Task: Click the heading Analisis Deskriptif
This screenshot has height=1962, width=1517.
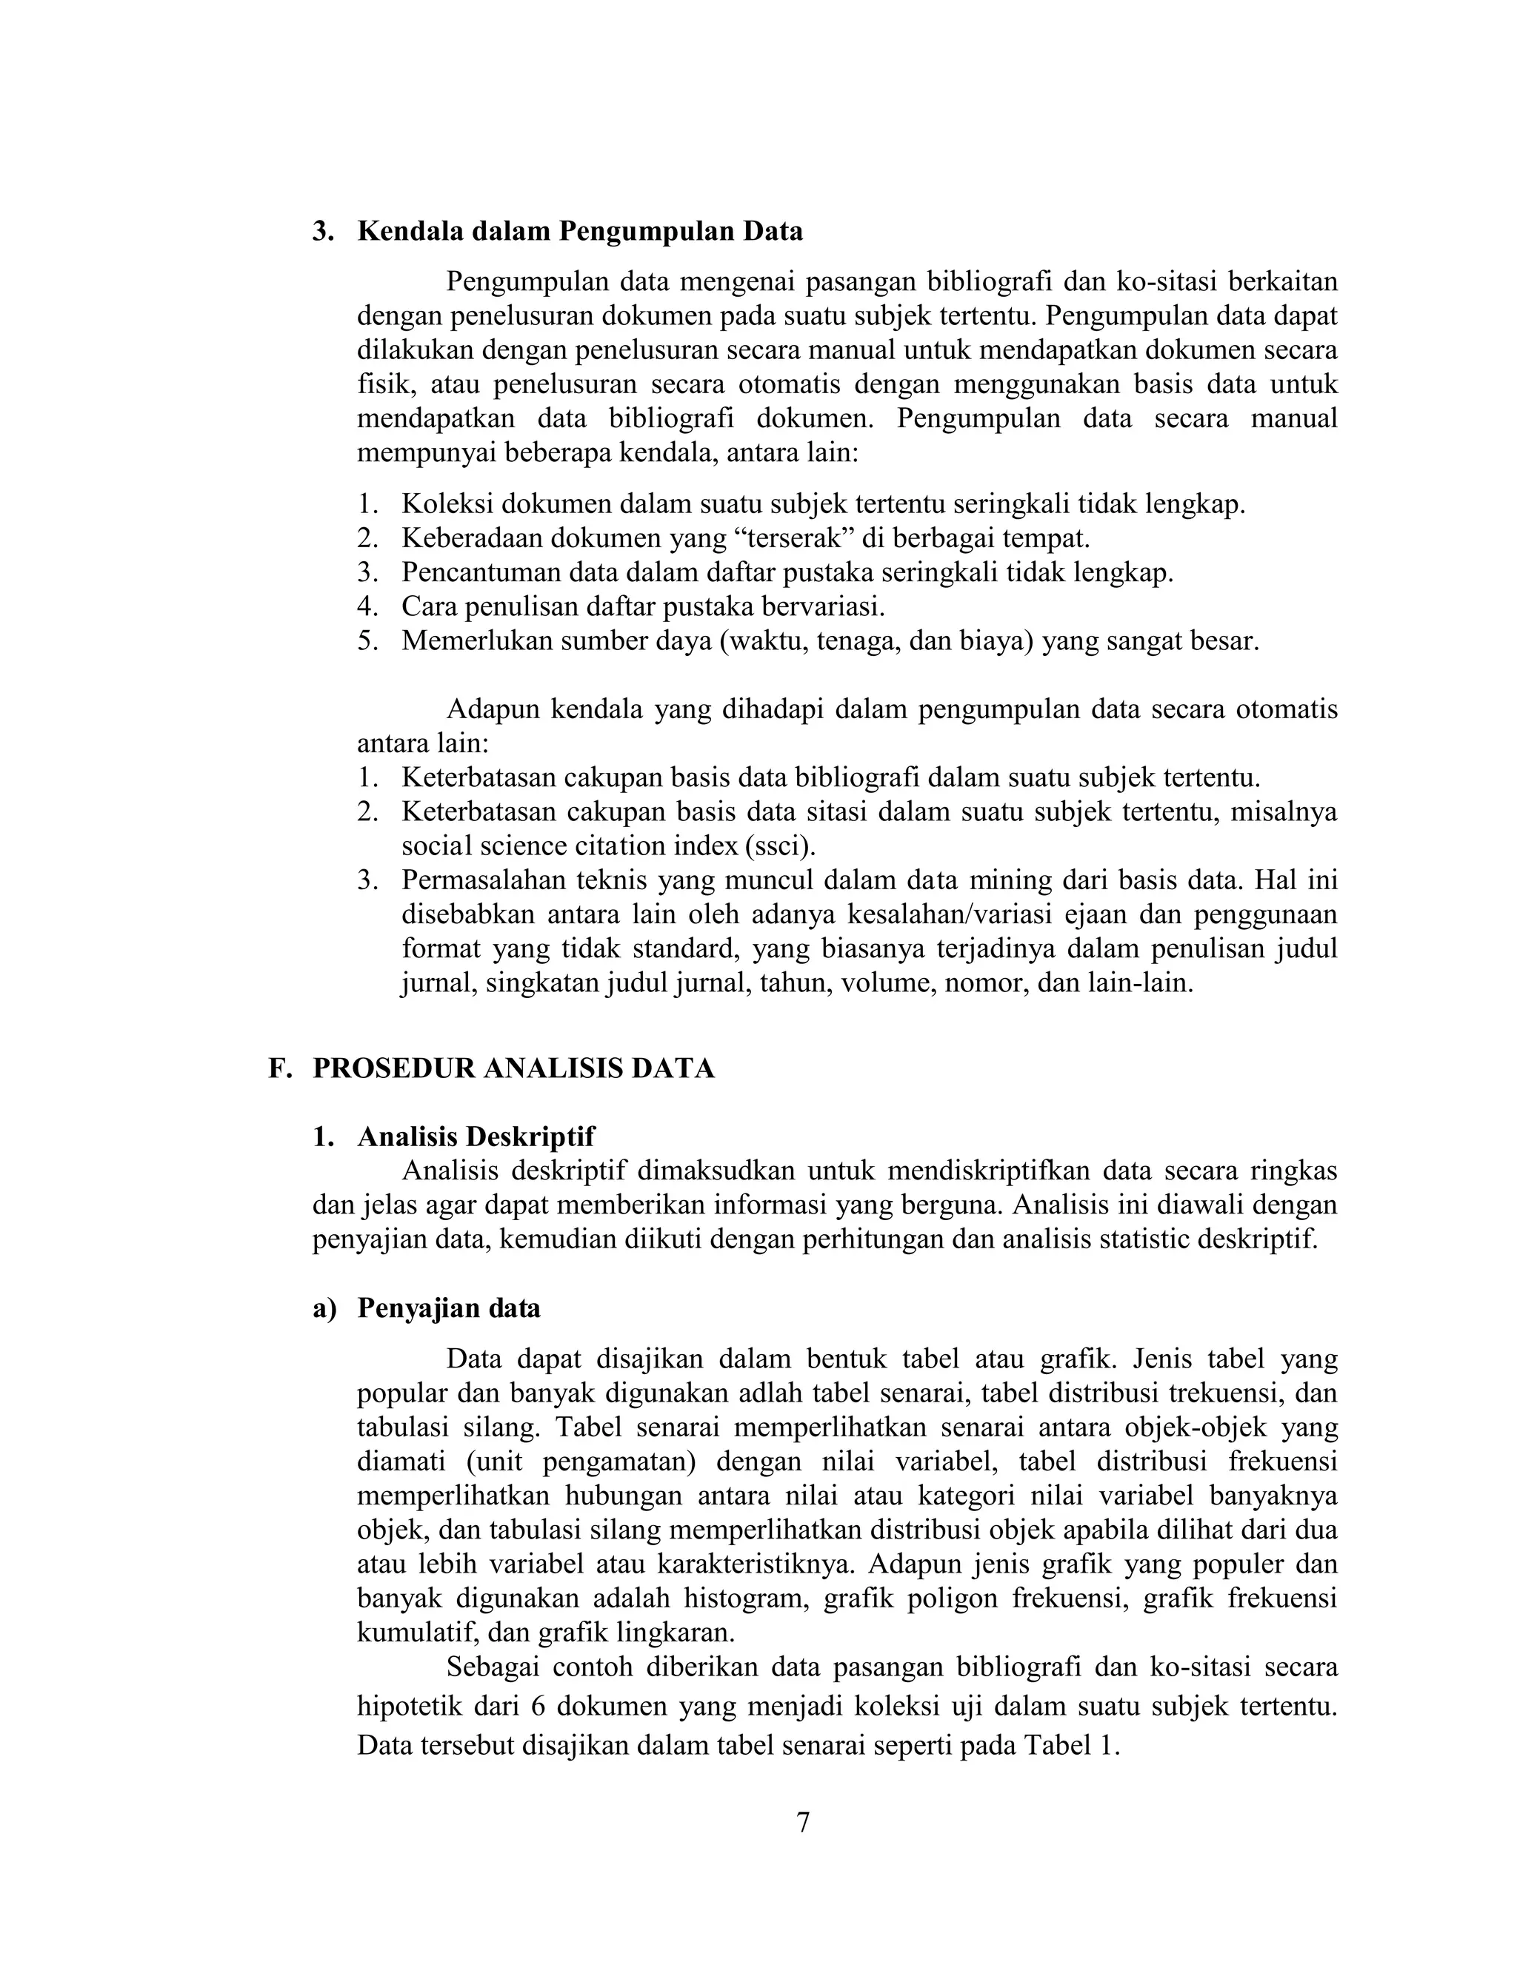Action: (476, 1137)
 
